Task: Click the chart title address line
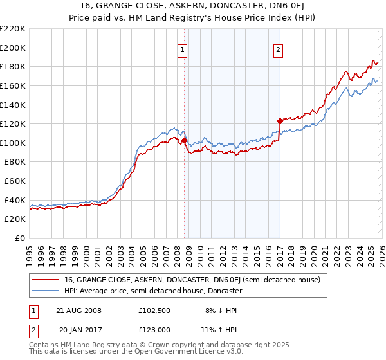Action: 193,6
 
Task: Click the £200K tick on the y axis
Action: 13,48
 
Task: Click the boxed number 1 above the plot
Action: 183,50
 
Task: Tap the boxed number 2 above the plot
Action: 279,50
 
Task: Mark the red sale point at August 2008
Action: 184,140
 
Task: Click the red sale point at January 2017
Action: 280,121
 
